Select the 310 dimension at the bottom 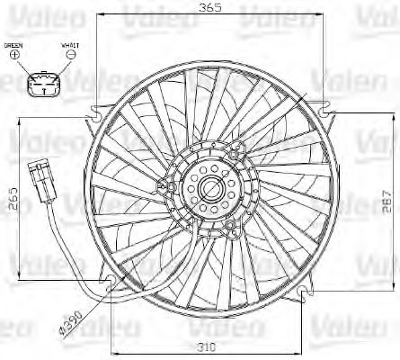(x=209, y=346)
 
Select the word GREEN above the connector (x=14, y=44)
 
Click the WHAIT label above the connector (x=70, y=44)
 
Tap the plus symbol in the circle (x=14, y=56)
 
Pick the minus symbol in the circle (x=70, y=56)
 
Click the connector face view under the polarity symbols (x=42, y=85)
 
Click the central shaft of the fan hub (x=212, y=189)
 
